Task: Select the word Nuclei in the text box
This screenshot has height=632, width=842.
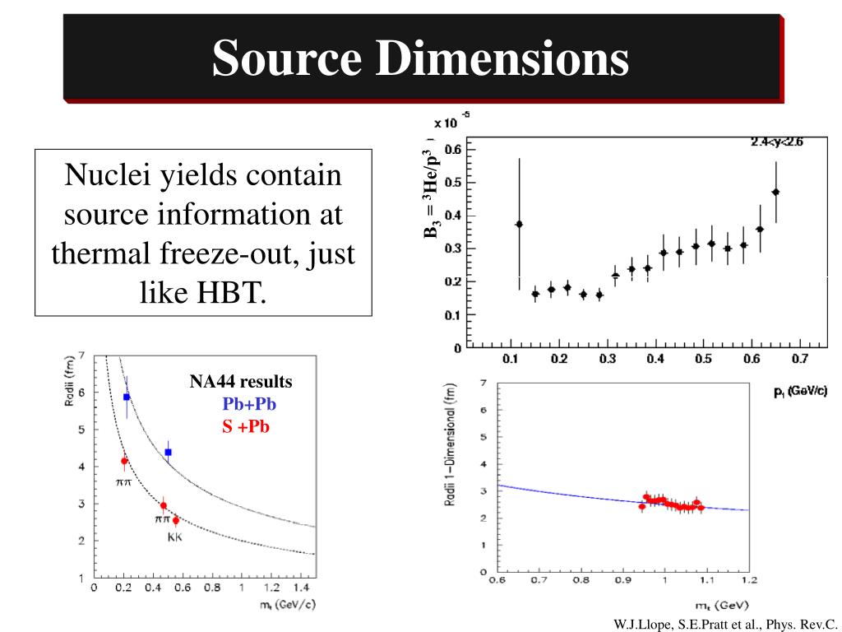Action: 106,175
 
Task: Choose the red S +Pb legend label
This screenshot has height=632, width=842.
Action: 246,426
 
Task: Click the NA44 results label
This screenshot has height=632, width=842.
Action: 241,382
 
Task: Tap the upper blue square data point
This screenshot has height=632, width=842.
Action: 127,397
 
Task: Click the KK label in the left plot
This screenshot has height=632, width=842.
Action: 175,537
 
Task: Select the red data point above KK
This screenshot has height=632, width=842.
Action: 176,520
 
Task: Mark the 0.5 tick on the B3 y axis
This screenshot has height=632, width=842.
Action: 452,183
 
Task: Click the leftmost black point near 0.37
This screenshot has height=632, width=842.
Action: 519,224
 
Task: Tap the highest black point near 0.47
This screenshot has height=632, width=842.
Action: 775,192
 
